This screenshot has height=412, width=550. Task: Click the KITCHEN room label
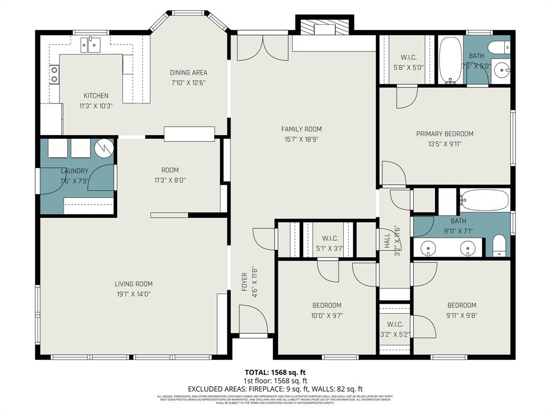pos(96,95)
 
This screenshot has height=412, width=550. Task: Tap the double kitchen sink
pos(91,45)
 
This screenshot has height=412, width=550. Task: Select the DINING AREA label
pos(189,73)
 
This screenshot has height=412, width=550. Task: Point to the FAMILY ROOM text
pos(301,129)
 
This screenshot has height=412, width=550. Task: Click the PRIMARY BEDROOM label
pos(445,134)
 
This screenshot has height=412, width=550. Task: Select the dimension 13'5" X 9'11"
pos(445,144)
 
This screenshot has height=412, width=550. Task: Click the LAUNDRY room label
pos(74,171)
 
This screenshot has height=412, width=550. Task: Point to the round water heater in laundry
pos(105,147)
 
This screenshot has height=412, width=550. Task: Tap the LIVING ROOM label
pos(133,284)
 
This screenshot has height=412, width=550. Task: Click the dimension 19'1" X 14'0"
pos(133,293)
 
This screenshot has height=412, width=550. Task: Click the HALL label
pos(387,240)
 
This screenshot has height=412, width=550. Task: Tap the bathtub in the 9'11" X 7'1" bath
pos(484,200)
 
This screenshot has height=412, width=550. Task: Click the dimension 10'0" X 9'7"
pos(327,315)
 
